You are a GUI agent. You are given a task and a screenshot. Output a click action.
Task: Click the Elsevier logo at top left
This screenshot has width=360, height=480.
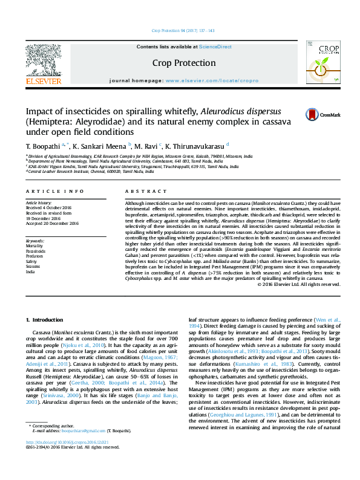(x=43, y=63)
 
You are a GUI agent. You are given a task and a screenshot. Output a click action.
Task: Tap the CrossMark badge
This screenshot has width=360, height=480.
(x=314, y=114)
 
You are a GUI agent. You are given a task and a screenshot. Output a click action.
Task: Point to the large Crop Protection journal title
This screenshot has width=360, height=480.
(x=183, y=63)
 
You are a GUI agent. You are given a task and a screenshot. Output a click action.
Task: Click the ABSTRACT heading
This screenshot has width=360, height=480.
(x=137, y=191)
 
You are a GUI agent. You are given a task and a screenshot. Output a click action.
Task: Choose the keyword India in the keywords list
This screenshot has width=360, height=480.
(x=30, y=271)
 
